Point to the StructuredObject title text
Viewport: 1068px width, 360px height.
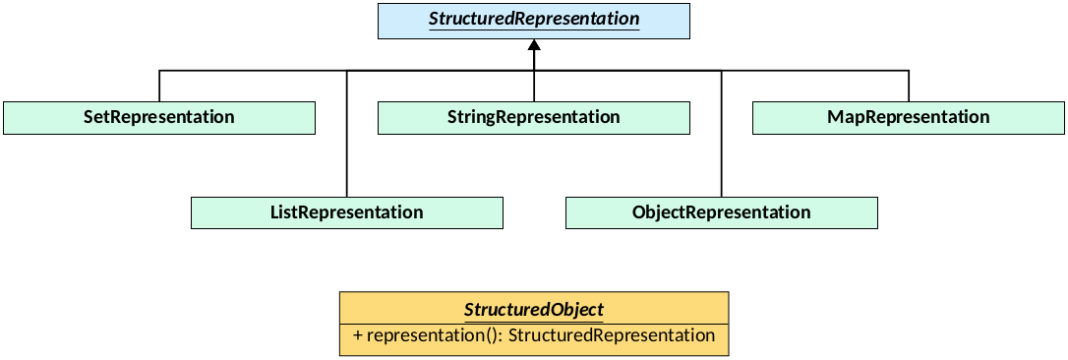pos(533,310)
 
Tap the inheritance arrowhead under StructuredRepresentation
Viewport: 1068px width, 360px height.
pos(534,46)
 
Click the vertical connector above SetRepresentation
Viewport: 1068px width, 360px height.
pos(159,86)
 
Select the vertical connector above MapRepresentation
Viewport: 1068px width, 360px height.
pos(909,86)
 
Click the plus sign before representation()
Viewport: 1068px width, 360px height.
pos(357,336)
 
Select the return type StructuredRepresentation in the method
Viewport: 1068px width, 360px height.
pos(611,335)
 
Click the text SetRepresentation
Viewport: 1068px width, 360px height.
pos(159,118)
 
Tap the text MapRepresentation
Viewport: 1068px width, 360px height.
pos(909,118)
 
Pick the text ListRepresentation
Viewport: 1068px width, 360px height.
pos(346,212)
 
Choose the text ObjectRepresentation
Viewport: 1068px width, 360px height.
pos(722,212)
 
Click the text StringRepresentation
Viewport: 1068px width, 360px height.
pos(534,118)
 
